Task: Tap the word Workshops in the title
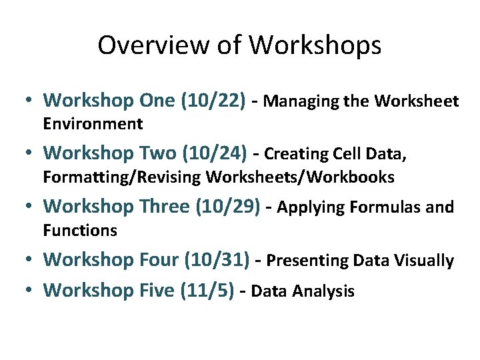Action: click(x=315, y=46)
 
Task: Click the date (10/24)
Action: click(x=219, y=153)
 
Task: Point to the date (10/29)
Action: click(x=227, y=207)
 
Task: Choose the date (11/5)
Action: click(x=207, y=291)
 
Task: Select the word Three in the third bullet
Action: click(x=164, y=207)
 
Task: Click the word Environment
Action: click(x=93, y=124)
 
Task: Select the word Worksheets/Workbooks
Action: click(x=301, y=177)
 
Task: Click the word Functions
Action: click(x=80, y=231)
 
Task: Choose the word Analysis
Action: click(x=327, y=291)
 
